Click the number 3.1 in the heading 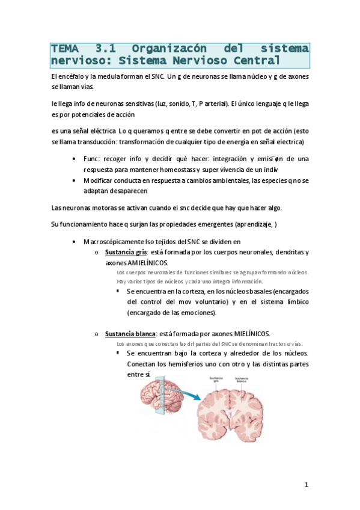pyautogui.click(x=108, y=48)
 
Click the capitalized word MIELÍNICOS pyautogui.click(x=248, y=333)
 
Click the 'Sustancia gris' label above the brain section pyautogui.click(x=216, y=379)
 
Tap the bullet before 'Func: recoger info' pyautogui.click(x=73, y=159)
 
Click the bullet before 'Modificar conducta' pyautogui.click(x=73, y=180)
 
